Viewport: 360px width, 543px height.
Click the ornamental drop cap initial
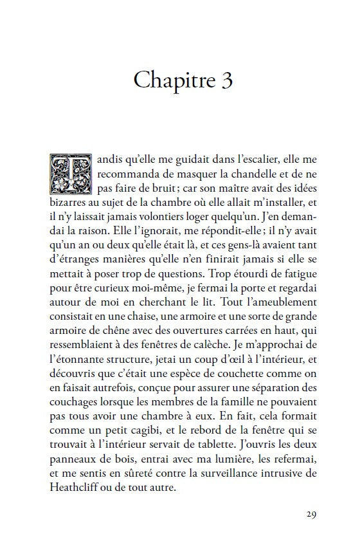(66, 174)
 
